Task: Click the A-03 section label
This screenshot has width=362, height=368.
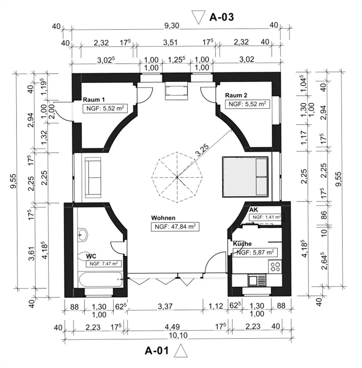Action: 221,17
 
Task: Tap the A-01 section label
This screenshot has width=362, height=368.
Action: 157,351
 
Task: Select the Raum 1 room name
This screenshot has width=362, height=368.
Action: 94,100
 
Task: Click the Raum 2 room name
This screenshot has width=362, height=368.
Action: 236,95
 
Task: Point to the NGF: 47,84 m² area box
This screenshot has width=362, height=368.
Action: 175,227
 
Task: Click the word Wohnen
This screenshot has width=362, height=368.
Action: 163,218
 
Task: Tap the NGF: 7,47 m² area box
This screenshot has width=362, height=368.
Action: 104,263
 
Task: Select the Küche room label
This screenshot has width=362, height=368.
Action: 242,244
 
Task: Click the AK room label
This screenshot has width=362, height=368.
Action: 254,210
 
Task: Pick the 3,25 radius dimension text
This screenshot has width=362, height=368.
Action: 202,150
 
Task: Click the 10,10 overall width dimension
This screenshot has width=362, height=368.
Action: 178,335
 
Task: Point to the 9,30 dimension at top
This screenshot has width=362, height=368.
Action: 171,25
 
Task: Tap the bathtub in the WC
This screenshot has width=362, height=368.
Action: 101,279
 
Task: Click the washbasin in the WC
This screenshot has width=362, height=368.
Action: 83,234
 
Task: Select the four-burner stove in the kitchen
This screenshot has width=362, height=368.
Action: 275,266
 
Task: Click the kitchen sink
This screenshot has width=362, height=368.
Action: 257,280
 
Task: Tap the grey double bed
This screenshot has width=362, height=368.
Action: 245,177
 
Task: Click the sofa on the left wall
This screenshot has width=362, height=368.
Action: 93,177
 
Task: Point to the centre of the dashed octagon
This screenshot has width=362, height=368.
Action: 177,177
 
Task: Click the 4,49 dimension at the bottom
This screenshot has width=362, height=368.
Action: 172,326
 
